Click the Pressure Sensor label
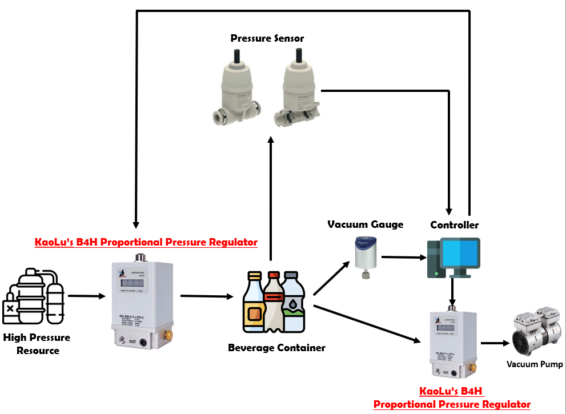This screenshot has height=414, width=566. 267,39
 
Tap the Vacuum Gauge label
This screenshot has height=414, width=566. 365,224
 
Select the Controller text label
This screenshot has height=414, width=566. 455,225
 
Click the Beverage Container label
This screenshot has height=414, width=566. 276,348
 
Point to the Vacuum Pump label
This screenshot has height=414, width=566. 535,364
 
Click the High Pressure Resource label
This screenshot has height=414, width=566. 37,344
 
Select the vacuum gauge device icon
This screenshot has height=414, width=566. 363,257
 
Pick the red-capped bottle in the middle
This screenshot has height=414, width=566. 273,303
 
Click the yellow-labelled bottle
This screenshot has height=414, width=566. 254,306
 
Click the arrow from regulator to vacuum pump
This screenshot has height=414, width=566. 495,343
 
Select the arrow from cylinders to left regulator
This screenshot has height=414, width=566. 87,296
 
